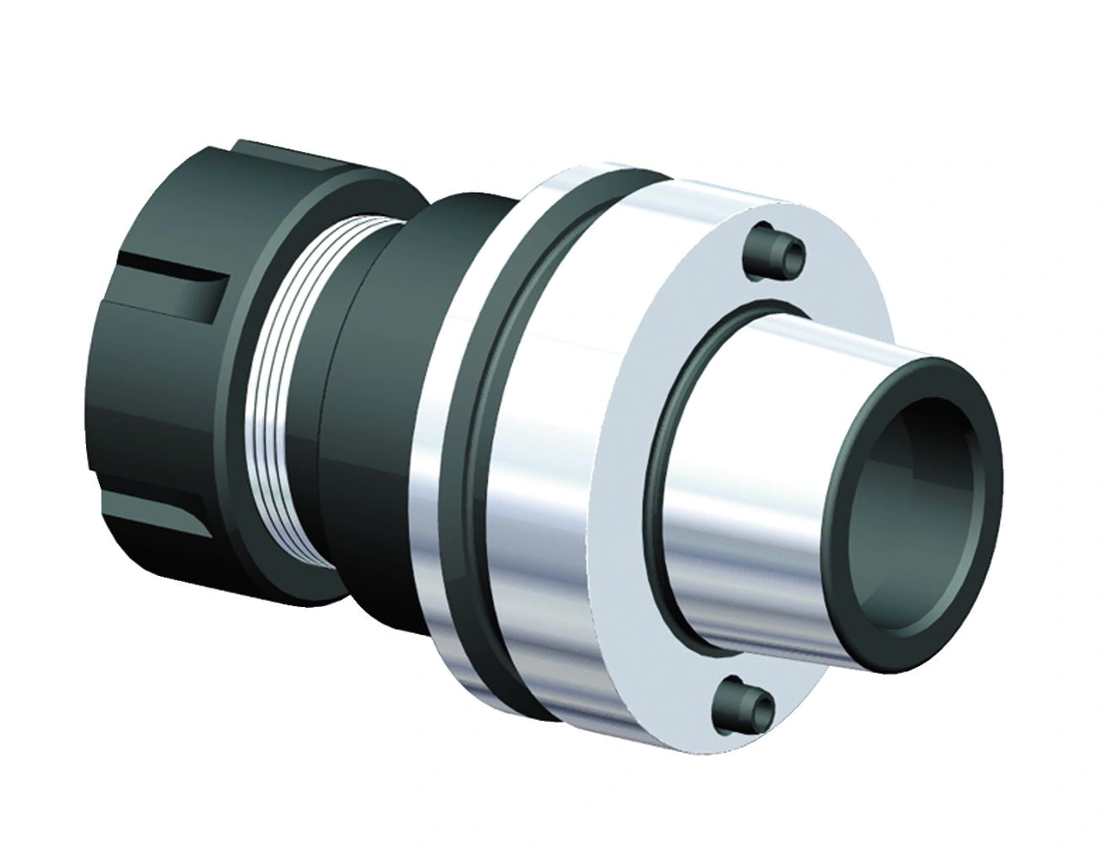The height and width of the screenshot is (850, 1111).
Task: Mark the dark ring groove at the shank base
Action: coord(673,486)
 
